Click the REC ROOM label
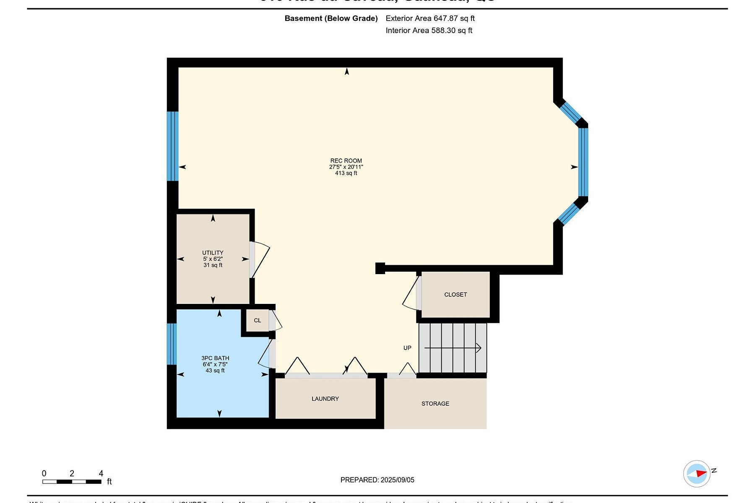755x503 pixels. pyautogui.click(x=346, y=161)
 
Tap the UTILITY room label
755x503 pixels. pyautogui.click(x=213, y=253)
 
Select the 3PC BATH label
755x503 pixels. pyautogui.click(x=215, y=358)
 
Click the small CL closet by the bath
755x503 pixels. pyautogui.click(x=257, y=321)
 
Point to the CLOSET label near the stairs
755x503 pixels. pyautogui.click(x=456, y=295)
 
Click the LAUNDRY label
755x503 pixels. pyautogui.click(x=325, y=399)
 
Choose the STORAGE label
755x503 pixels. pyautogui.click(x=435, y=404)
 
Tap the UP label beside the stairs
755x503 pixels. pyautogui.click(x=407, y=348)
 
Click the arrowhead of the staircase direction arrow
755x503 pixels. pyautogui.click(x=479, y=348)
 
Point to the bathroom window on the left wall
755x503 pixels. pyautogui.click(x=172, y=344)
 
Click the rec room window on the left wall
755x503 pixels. pyautogui.click(x=172, y=146)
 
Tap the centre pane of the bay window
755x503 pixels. pyautogui.click(x=583, y=162)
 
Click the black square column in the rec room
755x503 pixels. pyautogui.click(x=380, y=268)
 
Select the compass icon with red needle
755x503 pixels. pyautogui.click(x=697, y=474)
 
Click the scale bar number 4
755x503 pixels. pyautogui.click(x=101, y=473)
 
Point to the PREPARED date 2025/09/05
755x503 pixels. pyautogui.click(x=377, y=480)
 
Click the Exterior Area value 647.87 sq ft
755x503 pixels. pyautogui.click(x=430, y=18)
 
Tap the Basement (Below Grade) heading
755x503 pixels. pyautogui.click(x=331, y=18)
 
